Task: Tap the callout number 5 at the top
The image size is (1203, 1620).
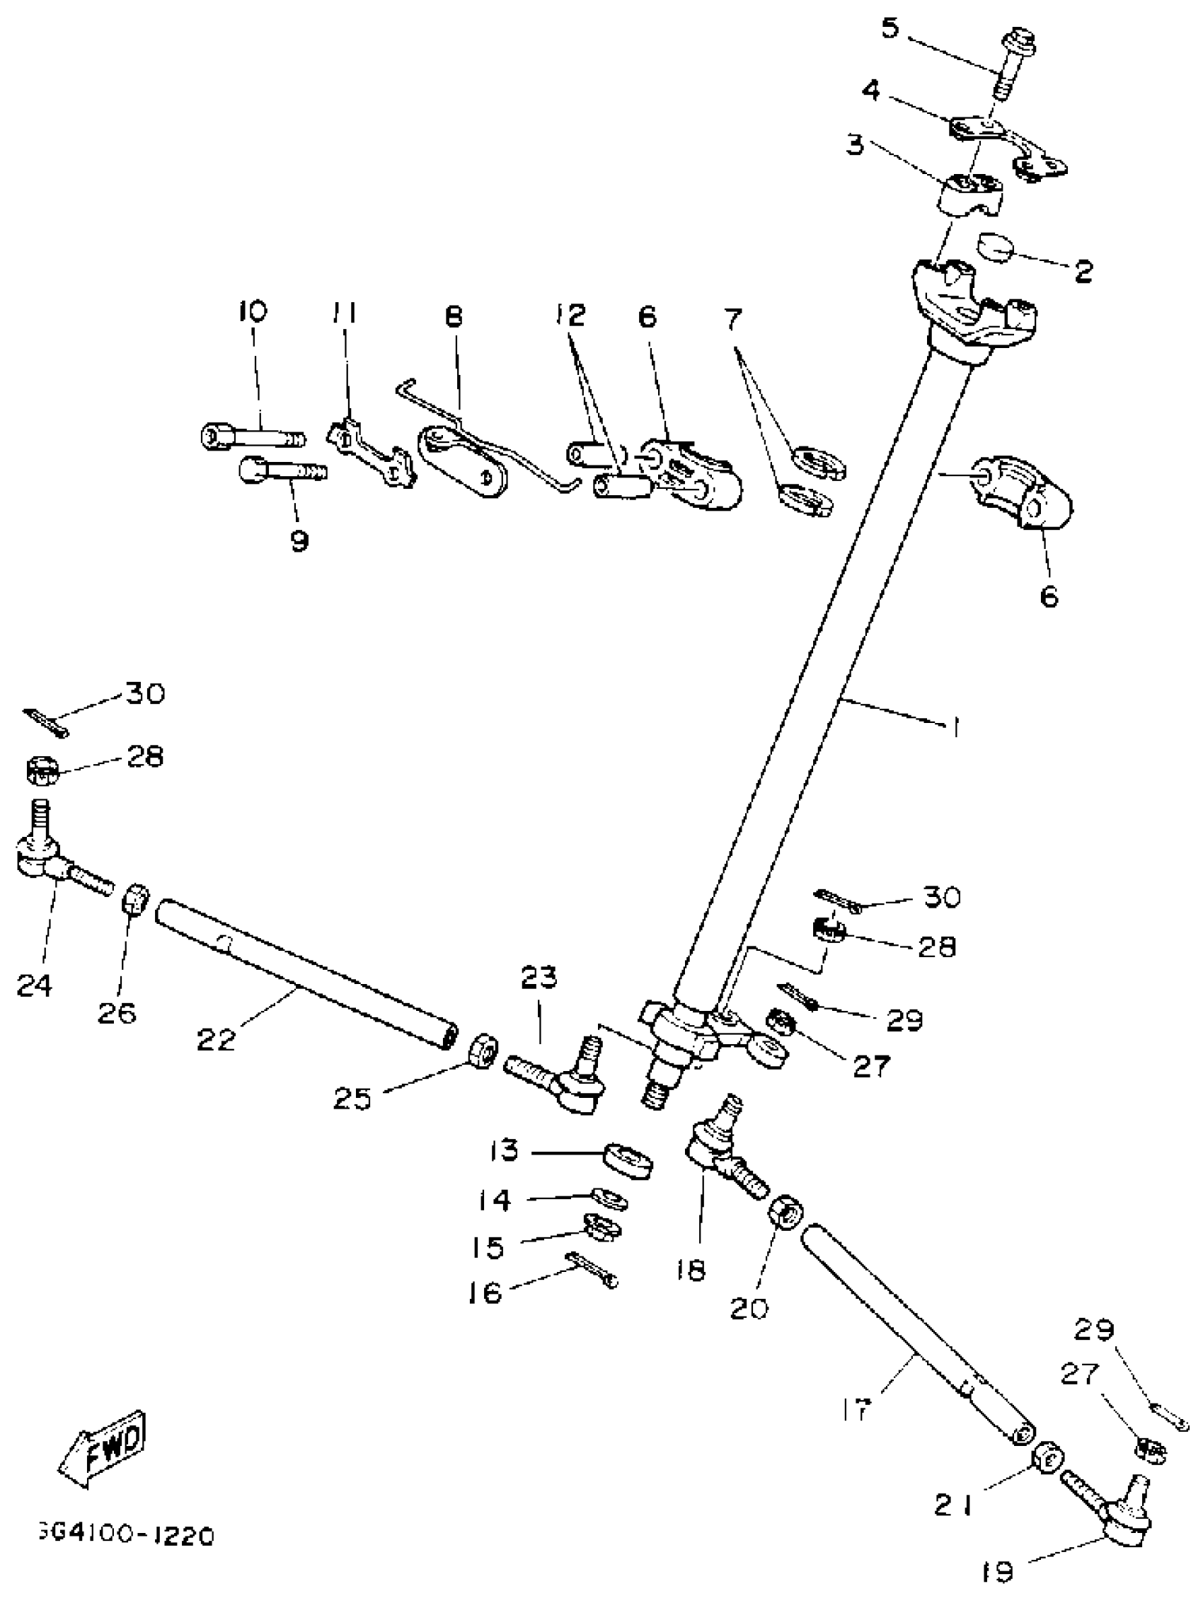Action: click(x=890, y=30)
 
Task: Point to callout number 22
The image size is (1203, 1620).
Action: click(x=217, y=1039)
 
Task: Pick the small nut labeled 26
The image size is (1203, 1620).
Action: click(x=136, y=902)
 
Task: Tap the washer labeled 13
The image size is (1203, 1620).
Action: click(x=628, y=1159)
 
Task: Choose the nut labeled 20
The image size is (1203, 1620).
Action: click(x=786, y=1212)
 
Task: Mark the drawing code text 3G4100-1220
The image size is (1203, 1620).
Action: click(x=125, y=1537)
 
